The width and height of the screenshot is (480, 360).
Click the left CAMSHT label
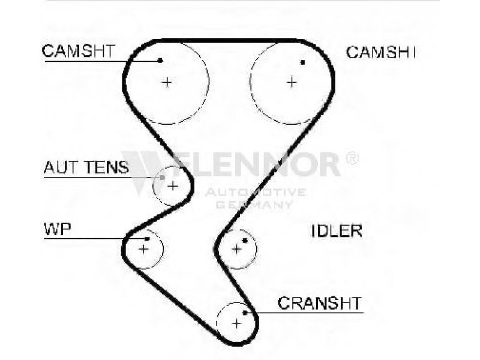(78, 51)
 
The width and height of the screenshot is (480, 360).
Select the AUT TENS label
(85, 167)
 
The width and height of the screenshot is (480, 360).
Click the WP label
(54, 229)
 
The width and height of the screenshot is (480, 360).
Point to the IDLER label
(337, 230)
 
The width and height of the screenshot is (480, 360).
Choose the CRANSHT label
(319, 302)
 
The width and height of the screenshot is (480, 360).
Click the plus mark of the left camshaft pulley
(167, 82)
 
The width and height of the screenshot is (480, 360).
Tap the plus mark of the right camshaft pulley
(292, 82)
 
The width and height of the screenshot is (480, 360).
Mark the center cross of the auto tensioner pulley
(172, 185)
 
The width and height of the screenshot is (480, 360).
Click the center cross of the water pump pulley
(143, 248)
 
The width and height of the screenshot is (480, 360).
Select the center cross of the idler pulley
(236, 248)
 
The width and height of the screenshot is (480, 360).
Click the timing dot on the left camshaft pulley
(161, 60)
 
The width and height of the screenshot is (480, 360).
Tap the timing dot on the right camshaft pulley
(303, 62)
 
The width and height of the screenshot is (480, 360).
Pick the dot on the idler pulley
(245, 241)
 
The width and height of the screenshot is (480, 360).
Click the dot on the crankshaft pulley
(245, 312)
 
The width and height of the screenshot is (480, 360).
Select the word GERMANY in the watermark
(254, 205)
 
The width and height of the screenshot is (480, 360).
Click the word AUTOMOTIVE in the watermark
(255, 192)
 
